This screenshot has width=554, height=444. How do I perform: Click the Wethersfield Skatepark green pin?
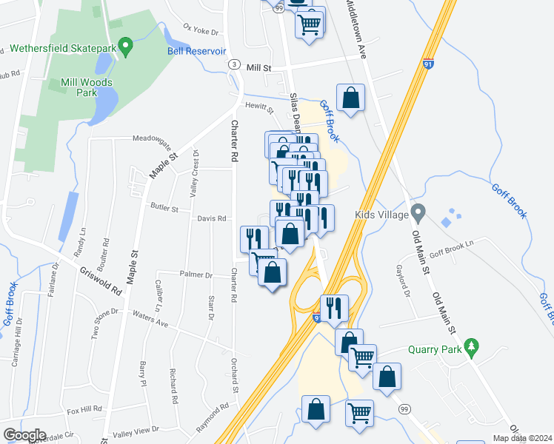pyautogui.click(x=125, y=49)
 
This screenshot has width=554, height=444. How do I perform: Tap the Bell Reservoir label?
pyautogui.click(x=196, y=51)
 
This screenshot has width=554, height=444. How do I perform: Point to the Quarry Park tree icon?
pyautogui.click(x=470, y=346)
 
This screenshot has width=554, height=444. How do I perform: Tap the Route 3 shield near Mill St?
pyautogui.click(x=233, y=66)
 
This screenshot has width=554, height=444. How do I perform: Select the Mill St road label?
pyautogui.click(x=260, y=67)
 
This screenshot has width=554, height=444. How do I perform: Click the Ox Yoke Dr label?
pyautogui.click(x=202, y=31)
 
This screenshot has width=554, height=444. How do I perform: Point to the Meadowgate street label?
pyautogui.click(x=151, y=138)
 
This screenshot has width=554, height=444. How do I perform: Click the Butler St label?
pyautogui.click(x=164, y=209)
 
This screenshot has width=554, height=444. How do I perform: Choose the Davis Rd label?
pyautogui.click(x=212, y=218)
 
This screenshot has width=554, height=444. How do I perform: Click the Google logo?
pyautogui.click(x=24, y=435)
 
